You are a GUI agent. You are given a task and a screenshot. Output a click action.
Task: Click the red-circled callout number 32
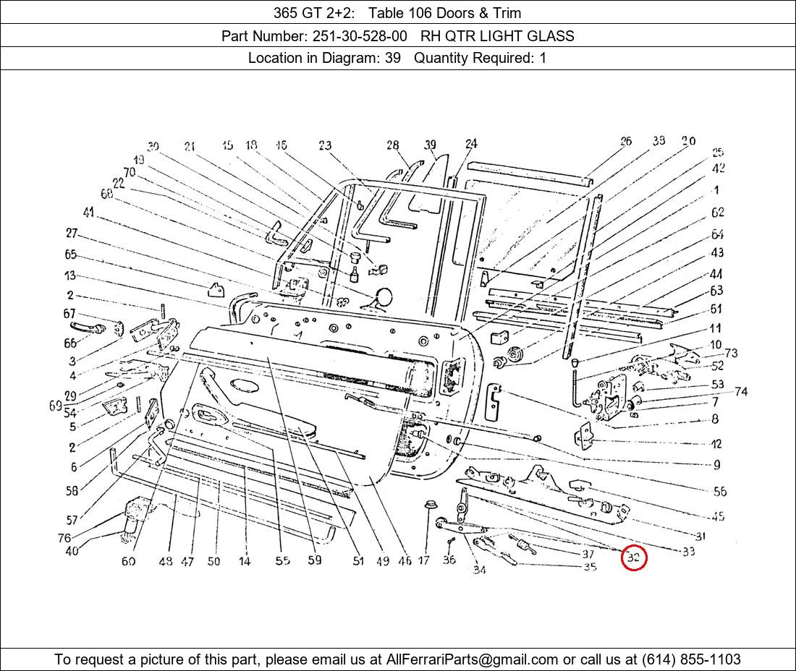(634, 557)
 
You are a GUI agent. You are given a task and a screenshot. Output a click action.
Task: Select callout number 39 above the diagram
(431, 145)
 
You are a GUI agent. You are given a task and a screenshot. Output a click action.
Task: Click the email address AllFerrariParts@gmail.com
(472, 659)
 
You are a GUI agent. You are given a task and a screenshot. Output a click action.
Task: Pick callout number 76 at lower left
(64, 538)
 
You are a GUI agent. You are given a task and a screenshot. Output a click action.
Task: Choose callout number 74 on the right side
(740, 392)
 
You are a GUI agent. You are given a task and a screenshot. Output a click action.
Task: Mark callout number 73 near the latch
(731, 353)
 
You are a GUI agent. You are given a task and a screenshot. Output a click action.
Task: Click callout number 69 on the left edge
(56, 406)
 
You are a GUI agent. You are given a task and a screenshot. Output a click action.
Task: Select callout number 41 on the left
(88, 213)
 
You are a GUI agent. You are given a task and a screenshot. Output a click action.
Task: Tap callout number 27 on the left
(71, 233)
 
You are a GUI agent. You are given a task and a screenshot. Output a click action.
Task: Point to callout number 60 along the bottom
(128, 561)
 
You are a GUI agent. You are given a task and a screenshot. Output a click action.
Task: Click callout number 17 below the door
(423, 560)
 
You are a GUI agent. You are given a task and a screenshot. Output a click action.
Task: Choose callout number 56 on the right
(719, 491)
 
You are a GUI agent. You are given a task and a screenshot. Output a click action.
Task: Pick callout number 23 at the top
(324, 146)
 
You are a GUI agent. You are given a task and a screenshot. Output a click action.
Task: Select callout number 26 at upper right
(626, 141)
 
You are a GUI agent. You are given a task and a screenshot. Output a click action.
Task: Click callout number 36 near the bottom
(449, 560)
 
